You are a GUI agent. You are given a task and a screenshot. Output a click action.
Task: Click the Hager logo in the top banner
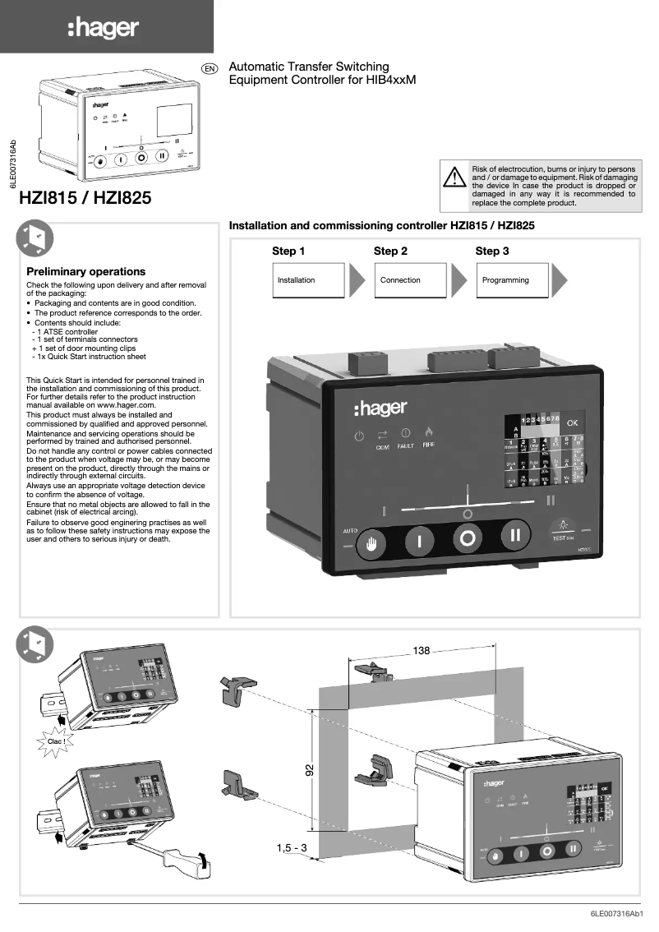tap(104, 29)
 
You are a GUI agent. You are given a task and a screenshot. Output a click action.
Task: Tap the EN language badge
tap(210, 68)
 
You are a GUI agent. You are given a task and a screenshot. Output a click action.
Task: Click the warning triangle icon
tap(453, 177)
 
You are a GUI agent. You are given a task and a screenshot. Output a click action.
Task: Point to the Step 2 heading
tap(390, 251)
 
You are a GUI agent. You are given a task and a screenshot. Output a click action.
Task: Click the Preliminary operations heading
tap(85, 271)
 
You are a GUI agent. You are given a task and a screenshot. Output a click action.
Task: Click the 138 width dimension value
tap(422, 650)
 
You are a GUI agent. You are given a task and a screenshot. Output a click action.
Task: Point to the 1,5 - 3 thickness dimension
tap(291, 847)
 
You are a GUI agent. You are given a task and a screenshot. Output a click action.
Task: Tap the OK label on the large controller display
tap(573, 422)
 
